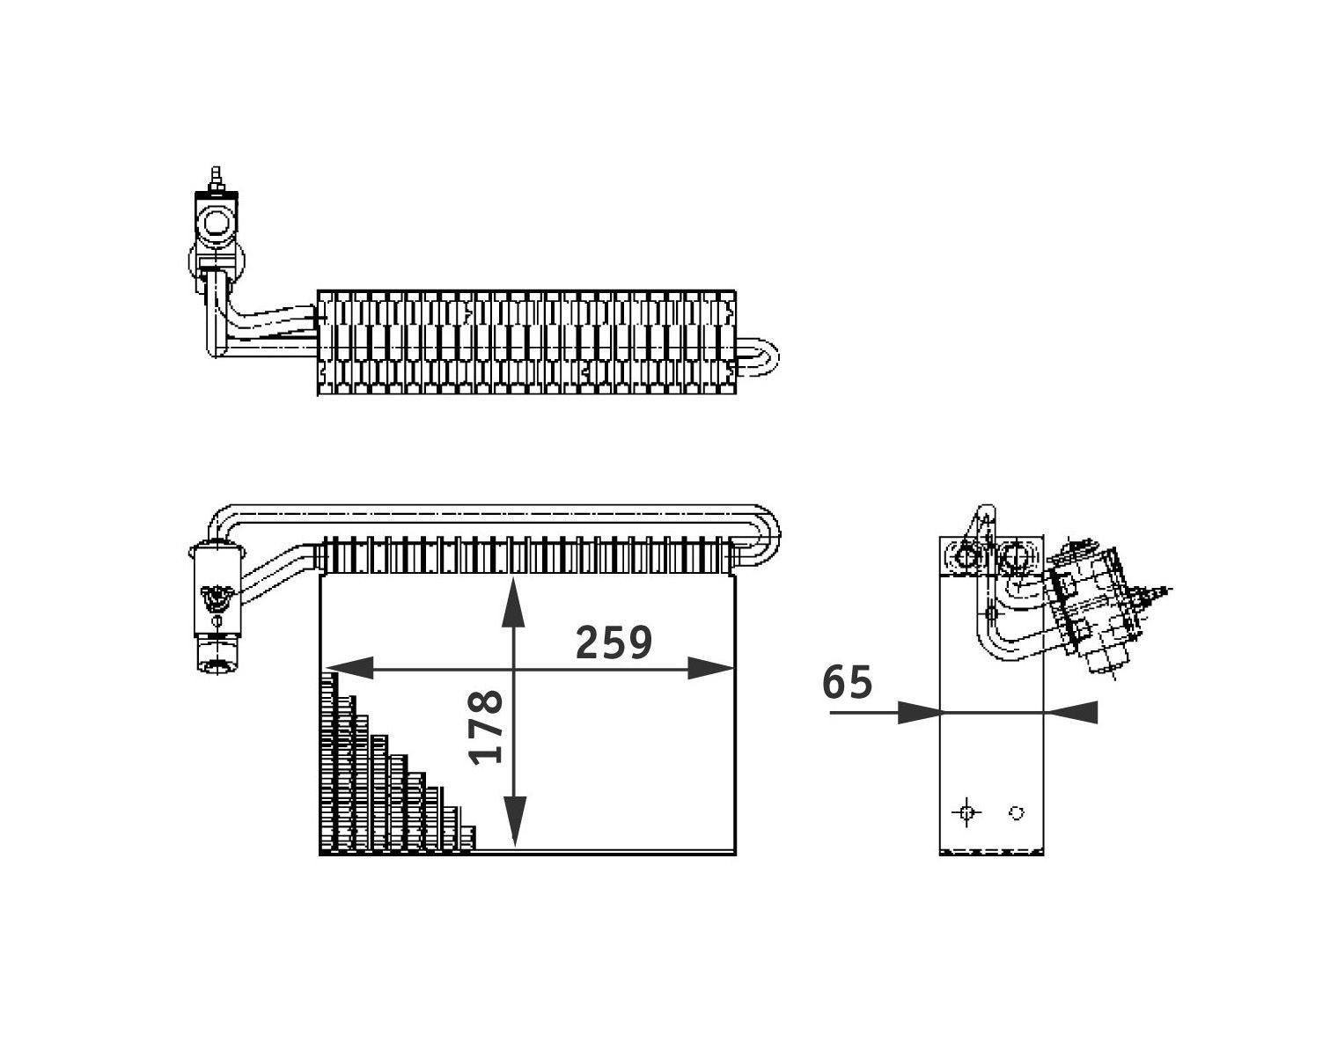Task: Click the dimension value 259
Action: click(614, 642)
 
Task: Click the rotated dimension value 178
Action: click(487, 726)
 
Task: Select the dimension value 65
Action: click(848, 682)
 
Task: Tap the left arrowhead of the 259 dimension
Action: click(348, 668)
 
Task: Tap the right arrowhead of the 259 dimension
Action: click(711, 668)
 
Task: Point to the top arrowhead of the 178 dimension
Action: click(514, 603)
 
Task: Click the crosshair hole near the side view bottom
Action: click(966, 812)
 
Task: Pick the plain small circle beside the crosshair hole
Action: click(1016, 813)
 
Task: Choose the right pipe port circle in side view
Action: click(1016, 556)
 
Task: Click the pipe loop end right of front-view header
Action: click(762, 537)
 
